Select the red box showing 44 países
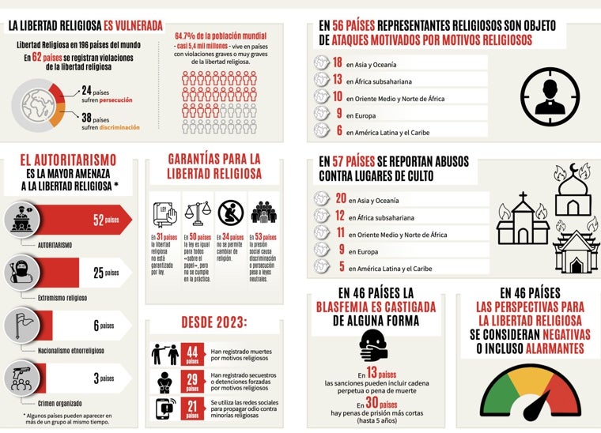[192, 355]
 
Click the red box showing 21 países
[192, 408]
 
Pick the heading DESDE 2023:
[214, 322]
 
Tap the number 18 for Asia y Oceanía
[338, 63]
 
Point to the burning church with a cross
[522, 220]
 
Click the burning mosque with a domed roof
[573, 190]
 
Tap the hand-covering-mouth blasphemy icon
[374, 345]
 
